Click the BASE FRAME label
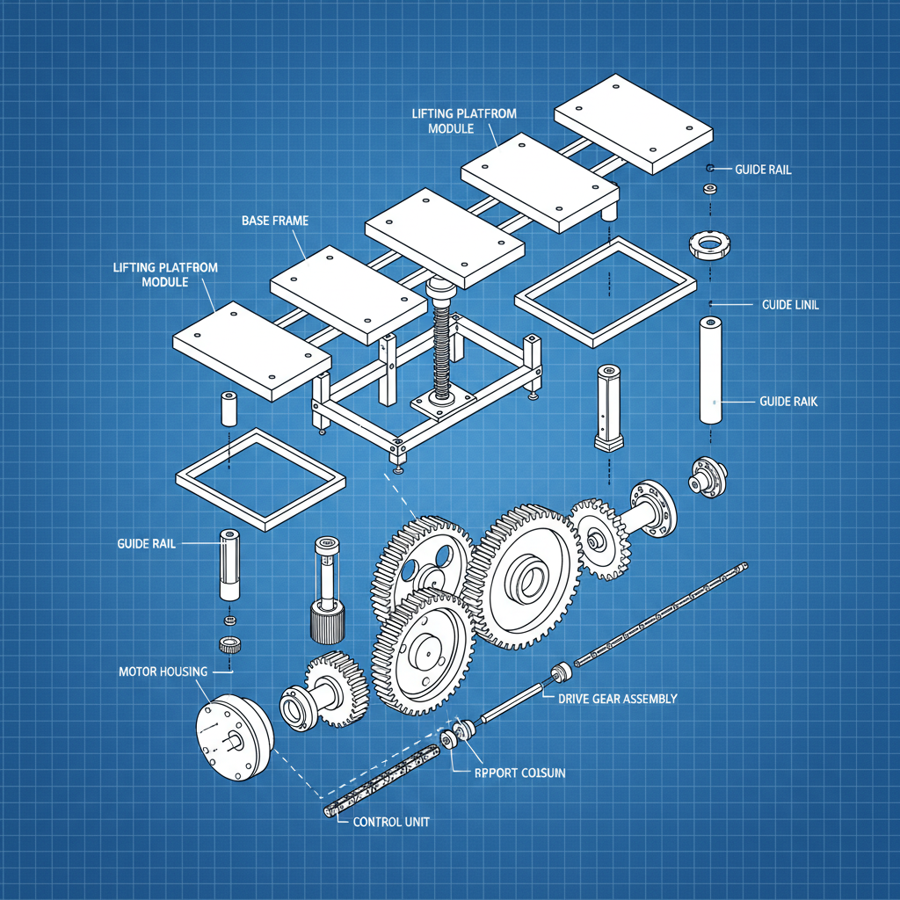(x=274, y=221)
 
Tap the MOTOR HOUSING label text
(x=163, y=671)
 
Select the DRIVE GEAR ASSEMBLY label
(x=618, y=699)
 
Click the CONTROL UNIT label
(x=390, y=822)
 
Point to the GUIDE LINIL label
(x=790, y=304)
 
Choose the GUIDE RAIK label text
(x=787, y=401)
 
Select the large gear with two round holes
(x=422, y=562)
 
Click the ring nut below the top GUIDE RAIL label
(x=710, y=243)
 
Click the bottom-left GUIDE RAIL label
(x=146, y=544)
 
